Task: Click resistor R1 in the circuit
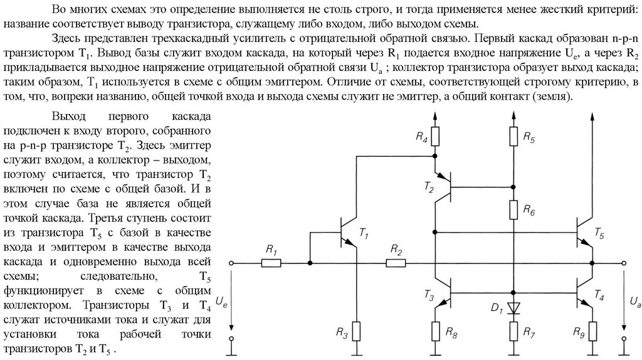pyautogui.click(x=271, y=263)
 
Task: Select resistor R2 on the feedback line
pyautogui.click(x=396, y=263)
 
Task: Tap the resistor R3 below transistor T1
pyautogui.click(x=356, y=329)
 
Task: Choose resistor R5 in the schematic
pyautogui.click(x=513, y=135)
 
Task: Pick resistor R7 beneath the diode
pyautogui.click(x=513, y=329)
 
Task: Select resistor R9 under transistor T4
pyautogui.click(x=591, y=329)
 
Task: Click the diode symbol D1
pyautogui.click(x=513, y=307)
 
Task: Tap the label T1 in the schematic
pyautogui.click(x=364, y=234)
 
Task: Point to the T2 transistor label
pyautogui.click(x=428, y=187)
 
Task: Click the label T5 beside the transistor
pyautogui.click(x=600, y=236)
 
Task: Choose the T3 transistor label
pyautogui.click(x=428, y=294)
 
